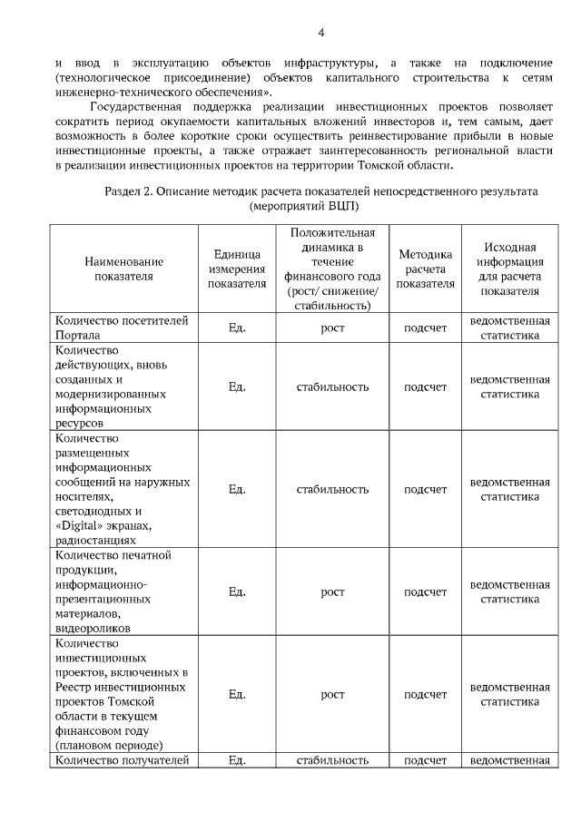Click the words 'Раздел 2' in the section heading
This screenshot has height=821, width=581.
tap(133, 192)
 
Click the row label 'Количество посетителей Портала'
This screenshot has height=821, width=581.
tap(122, 327)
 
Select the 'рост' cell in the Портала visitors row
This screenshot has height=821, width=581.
tap(332, 327)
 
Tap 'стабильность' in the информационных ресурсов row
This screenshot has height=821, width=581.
tap(332, 386)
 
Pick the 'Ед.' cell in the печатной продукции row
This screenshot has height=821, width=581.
tap(237, 592)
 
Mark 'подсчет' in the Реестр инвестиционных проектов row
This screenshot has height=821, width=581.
tap(425, 695)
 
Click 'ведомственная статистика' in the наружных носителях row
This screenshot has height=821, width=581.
tap(509, 490)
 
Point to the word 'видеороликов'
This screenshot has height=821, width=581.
tap(94, 627)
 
